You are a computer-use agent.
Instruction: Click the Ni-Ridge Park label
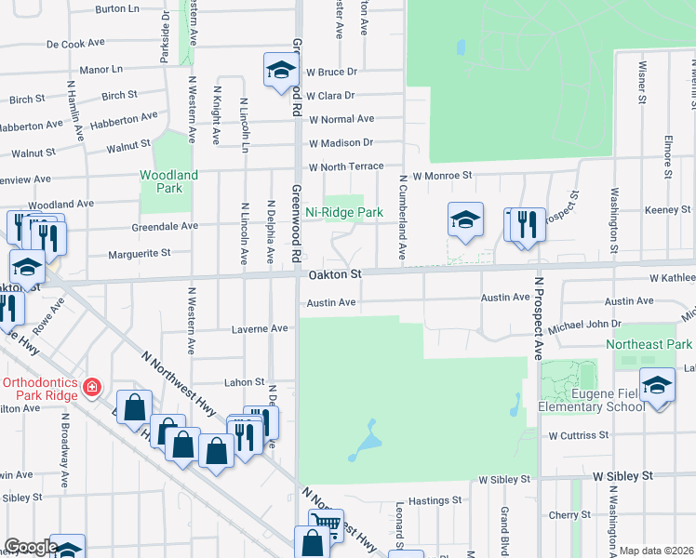pyautogui.click(x=344, y=213)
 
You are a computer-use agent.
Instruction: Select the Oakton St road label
pyautogui.click(x=333, y=274)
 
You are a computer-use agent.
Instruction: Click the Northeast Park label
pyautogui.click(x=649, y=344)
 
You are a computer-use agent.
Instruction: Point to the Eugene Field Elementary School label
pyautogui.click(x=591, y=398)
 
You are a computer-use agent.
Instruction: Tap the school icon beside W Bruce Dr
pyautogui.click(x=280, y=70)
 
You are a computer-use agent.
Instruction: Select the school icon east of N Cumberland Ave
pyautogui.click(x=465, y=220)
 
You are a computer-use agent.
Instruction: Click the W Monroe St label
pyautogui.click(x=443, y=175)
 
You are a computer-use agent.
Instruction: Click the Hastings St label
pyautogui.click(x=430, y=501)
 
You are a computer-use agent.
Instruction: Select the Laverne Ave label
pyautogui.click(x=260, y=329)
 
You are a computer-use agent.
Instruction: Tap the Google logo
pyautogui.click(x=31, y=547)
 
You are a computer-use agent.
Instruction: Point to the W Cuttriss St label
pyautogui.click(x=578, y=435)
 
